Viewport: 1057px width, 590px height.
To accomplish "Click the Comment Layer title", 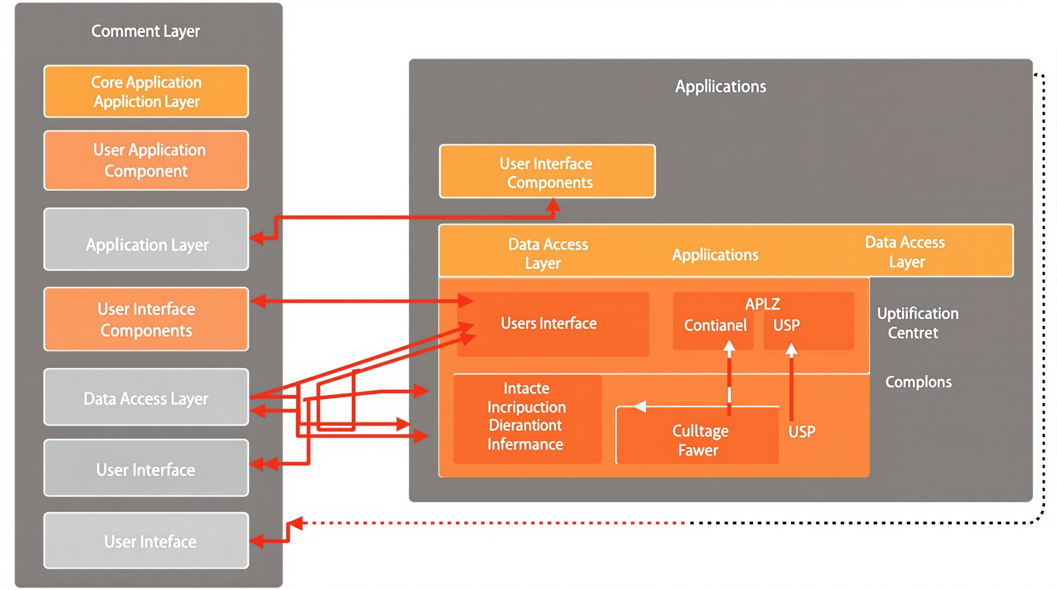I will [146, 31].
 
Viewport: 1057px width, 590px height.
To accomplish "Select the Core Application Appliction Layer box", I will [146, 91].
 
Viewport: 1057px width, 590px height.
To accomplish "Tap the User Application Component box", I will [146, 161].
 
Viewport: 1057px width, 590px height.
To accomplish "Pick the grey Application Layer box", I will [146, 240].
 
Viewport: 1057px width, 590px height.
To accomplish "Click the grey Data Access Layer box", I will [146, 397].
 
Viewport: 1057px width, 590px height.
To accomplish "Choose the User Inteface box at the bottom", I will [146, 541].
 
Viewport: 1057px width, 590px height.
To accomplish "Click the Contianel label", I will [715, 325].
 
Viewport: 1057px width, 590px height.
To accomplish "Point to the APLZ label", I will [762, 304].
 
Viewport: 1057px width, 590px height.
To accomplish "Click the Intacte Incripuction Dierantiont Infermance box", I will [527, 416].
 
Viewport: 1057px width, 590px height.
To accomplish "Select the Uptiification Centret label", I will [918, 323].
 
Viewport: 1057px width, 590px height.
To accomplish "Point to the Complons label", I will [918, 382].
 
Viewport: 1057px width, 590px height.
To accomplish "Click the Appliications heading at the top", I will [721, 86].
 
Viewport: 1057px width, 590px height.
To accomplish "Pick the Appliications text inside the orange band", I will [715, 255].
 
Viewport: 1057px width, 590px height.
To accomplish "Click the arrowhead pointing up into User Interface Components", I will [553, 204].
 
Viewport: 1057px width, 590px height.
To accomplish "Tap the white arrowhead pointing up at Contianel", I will [729, 347].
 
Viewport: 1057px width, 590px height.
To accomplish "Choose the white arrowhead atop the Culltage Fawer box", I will [640, 406].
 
